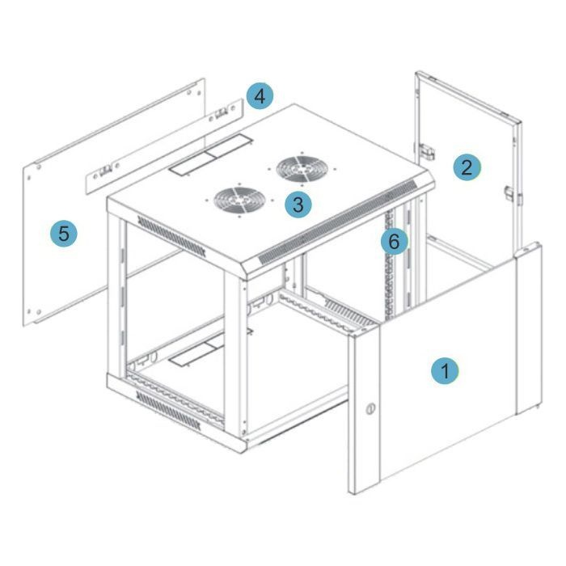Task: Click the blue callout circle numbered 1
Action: tap(445, 370)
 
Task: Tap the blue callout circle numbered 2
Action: tap(467, 167)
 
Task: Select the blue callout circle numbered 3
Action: tap(298, 205)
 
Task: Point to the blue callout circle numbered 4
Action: tap(260, 96)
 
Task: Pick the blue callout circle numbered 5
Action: tap(64, 233)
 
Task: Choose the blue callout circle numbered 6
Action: tap(395, 241)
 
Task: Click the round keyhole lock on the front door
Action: tap(370, 409)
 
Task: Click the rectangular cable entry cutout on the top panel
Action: tap(211, 155)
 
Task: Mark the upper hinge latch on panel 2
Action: tap(427, 152)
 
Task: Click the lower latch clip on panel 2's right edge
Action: tap(513, 195)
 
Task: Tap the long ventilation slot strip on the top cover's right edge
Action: tap(338, 222)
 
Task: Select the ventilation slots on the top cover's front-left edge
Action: tap(171, 236)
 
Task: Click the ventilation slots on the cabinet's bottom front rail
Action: tap(168, 411)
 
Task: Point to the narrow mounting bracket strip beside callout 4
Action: tap(164, 146)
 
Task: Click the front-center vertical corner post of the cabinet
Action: tap(236, 355)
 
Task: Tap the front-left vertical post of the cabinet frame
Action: tap(117, 294)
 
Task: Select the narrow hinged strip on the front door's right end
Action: tap(529, 328)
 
